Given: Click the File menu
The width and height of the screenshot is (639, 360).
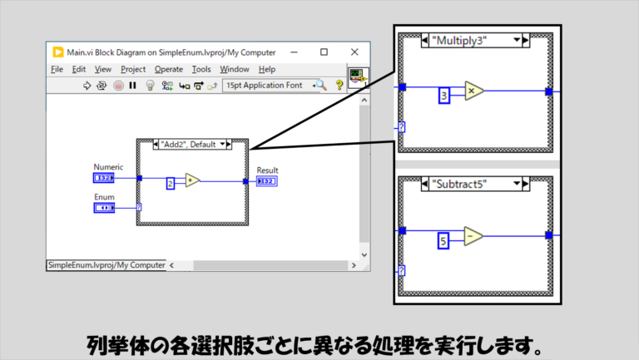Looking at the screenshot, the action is (57, 69).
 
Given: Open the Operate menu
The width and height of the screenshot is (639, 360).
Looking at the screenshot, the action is (168, 69).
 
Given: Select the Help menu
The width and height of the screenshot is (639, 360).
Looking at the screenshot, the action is (266, 69).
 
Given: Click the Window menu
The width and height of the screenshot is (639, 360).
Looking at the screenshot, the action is (234, 69).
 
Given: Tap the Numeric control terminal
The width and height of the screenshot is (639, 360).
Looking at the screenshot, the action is (104, 178).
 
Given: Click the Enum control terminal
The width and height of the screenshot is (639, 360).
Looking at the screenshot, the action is (104, 207).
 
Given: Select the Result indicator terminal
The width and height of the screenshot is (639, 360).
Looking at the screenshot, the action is (266, 181).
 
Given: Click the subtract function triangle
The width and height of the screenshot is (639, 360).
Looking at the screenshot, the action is (473, 237).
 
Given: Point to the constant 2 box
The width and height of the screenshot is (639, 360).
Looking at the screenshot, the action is (171, 183).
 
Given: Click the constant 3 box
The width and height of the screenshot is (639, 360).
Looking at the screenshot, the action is (444, 96).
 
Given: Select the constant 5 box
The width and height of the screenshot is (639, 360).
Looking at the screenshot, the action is (444, 242).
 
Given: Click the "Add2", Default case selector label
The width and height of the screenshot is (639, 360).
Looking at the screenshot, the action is (191, 145).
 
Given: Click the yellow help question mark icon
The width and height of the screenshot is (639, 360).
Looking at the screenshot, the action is (339, 85).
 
